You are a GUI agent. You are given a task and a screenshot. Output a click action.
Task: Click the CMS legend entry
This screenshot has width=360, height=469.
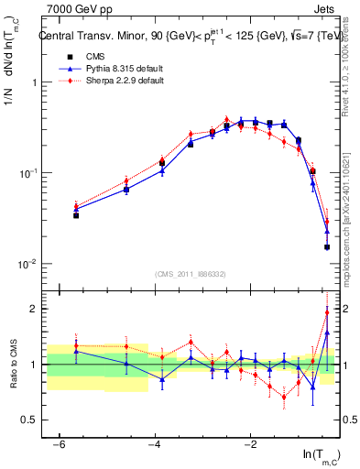coord(82,57)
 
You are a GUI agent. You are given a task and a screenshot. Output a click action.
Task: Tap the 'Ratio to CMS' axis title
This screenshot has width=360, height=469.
coord(15,376)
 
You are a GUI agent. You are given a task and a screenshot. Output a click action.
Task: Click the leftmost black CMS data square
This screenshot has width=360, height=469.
coord(76,215)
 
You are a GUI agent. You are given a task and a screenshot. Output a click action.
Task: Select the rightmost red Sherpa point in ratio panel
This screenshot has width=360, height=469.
coord(327,312)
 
